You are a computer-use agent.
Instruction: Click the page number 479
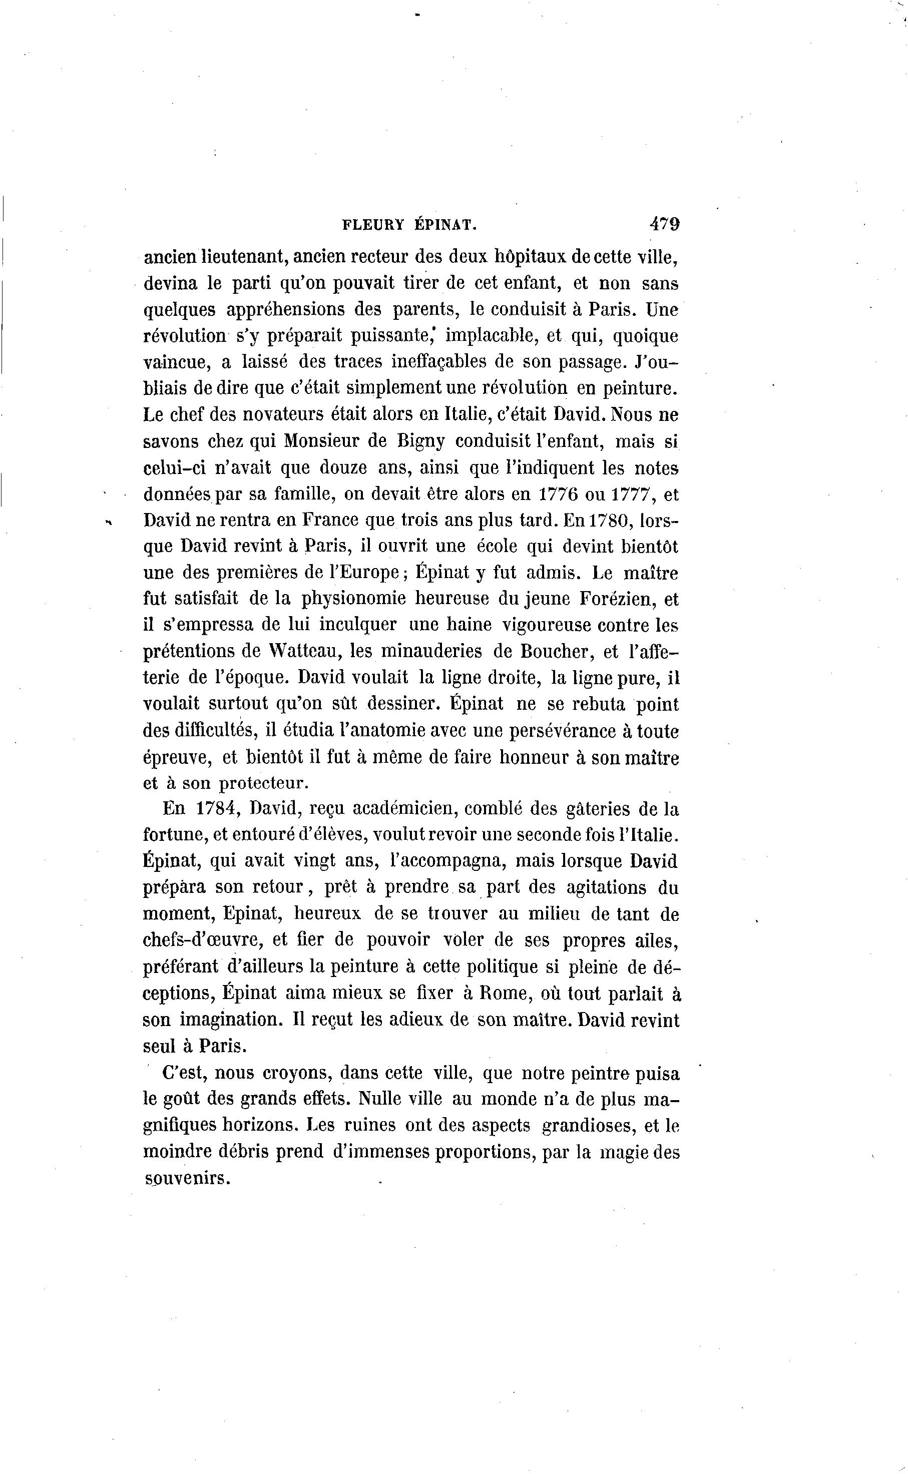664,224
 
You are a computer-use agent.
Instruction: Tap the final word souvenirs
187,1178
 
